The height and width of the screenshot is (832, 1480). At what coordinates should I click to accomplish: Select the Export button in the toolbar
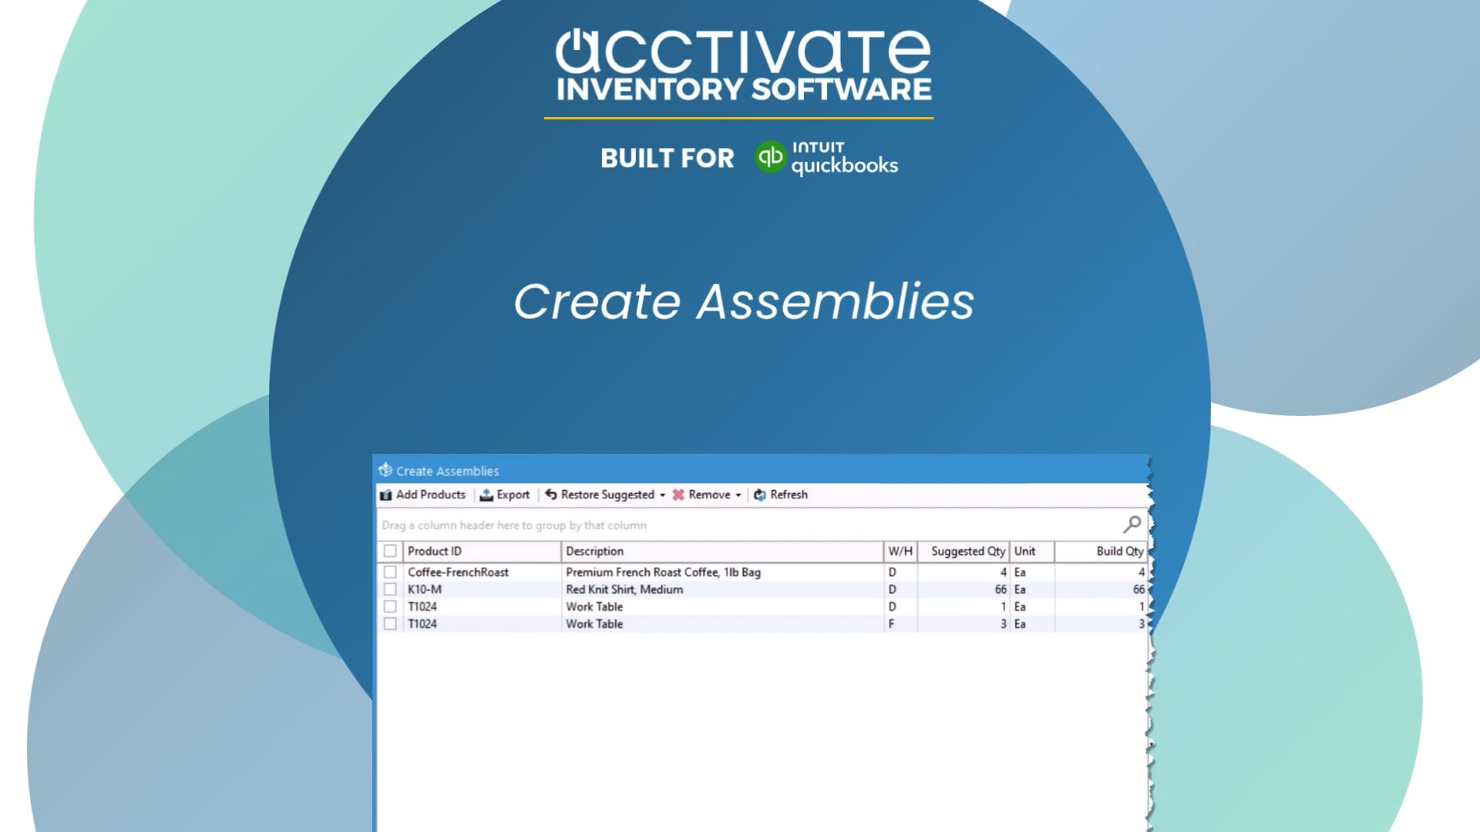pyautogui.click(x=505, y=495)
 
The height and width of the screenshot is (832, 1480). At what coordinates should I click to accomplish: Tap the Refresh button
pyautogui.click(x=781, y=495)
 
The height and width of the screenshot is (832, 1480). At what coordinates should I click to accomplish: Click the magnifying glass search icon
pyautogui.click(x=1132, y=525)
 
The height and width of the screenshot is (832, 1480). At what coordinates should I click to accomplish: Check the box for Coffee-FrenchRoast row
pyautogui.click(x=390, y=572)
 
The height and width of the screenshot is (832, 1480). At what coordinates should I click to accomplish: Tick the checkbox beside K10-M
pyautogui.click(x=390, y=589)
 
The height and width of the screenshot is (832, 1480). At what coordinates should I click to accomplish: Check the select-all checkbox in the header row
pyautogui.click(x=390, y=551)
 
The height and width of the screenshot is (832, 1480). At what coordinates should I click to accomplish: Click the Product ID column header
pyautogui.click(x=435, y=551)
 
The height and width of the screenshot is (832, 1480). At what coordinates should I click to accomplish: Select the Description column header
pyautogui.click(x=594, y=551)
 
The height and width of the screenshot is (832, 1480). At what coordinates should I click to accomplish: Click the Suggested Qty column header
pyautogui.click(x=967, y=551)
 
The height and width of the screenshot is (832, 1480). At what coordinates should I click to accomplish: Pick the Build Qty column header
pyautogui.click(x=1119, y=551)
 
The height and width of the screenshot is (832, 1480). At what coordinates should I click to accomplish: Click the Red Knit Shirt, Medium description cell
pyautogui.click(x=624, y=589)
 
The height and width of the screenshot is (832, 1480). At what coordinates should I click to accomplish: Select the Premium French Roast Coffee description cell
pyautogui.click(x=663, y=572)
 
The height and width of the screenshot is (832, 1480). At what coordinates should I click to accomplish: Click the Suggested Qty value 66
pyautogui.click(x=1001, y=589)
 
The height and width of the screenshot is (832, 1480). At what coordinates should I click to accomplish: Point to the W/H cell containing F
pyautogui.click(x=892, y=624)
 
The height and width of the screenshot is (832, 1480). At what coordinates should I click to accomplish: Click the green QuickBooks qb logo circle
pyautogui.click(x=769, y=157)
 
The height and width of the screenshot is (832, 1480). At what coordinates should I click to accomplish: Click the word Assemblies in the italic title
pyautogui.click(x=836, y=301)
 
